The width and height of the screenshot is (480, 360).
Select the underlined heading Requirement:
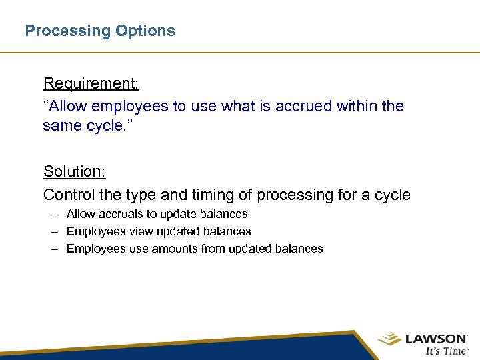(91, 83)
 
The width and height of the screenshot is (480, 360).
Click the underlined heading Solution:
(75, 171)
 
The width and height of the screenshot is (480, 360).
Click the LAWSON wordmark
(436, 339)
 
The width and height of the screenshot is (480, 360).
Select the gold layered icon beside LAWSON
(389, 339)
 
